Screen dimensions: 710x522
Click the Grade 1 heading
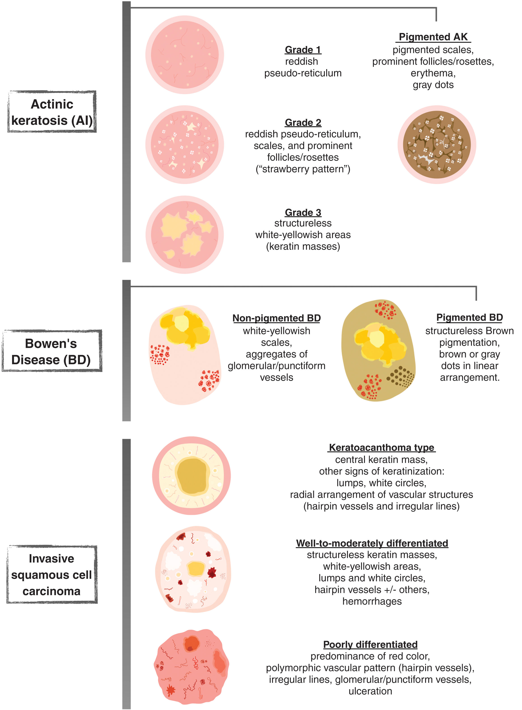click(x=303, y=50)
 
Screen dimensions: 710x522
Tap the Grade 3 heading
click(x=303, y=212)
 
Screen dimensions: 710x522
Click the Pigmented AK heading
click(x=433, y=37)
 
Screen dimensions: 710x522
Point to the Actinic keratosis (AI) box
click(x=52, y=112)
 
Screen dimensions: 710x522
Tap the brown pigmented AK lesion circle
click(x=437, y=145)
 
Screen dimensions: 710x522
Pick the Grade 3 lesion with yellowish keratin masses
click(x=185, y=235)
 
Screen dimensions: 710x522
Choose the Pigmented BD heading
click(x=470, y=317)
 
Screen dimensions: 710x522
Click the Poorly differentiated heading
click(x=370, y=644)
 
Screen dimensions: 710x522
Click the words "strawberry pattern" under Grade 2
click(x=303, y=169)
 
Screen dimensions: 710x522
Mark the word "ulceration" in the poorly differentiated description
click(x=370, y=691)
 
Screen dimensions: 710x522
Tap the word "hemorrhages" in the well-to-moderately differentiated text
click(x=372, y=601)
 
